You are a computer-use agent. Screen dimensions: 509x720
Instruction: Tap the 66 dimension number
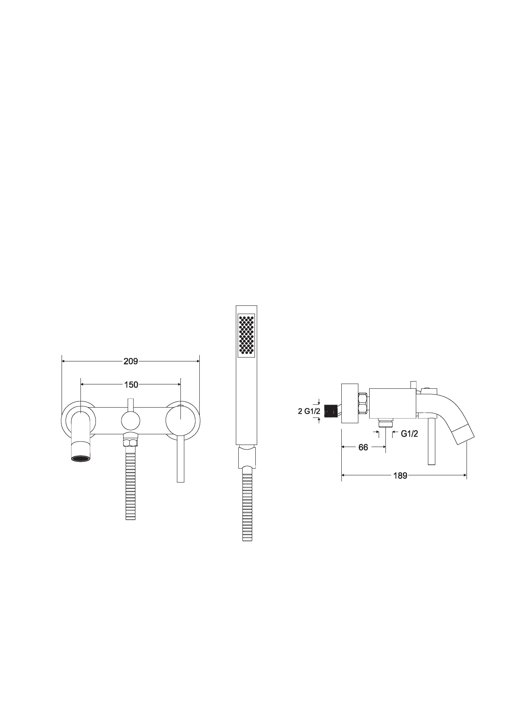363,447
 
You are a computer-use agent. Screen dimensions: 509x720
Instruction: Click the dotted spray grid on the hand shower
246,335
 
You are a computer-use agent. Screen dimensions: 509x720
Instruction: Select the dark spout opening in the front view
80,459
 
